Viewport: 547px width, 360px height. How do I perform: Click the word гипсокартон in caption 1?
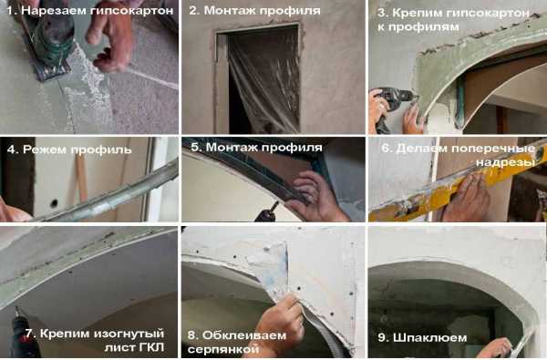(131, 11)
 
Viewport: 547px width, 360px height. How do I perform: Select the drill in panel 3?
(391, 105)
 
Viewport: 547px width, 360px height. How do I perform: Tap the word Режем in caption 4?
(45, 149)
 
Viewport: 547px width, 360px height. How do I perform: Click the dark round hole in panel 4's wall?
(54, 202)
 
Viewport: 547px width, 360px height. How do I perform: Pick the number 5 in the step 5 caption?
(195, 147)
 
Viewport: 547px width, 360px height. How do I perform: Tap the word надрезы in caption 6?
(505, 162)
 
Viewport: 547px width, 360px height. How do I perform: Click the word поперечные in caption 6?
(493, 149)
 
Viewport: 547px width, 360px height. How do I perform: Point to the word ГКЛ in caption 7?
(150, 347)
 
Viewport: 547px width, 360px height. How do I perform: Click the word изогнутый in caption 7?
(129, 334)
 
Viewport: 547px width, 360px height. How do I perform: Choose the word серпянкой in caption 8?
(223, 349)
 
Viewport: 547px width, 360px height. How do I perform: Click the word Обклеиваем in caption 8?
(244, 335)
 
